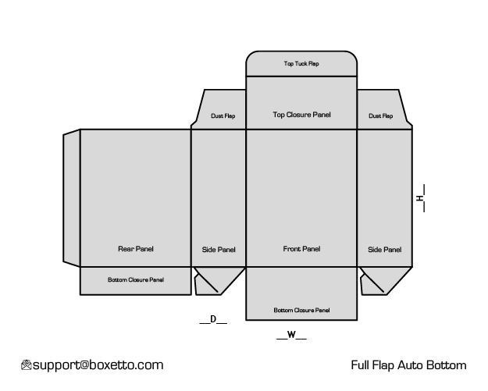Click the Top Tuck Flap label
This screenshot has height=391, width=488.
click(301, 63)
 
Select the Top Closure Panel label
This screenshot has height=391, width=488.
click(301, 115)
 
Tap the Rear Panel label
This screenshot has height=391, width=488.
click(136, 249)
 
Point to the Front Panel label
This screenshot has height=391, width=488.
click(301, 249)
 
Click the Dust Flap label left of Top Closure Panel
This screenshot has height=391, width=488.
click(223, 116)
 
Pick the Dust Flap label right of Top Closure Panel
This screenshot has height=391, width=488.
click(380, 116)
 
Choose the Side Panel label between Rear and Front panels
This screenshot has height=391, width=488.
click(219, 250)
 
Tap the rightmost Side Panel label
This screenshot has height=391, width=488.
click(385, 250)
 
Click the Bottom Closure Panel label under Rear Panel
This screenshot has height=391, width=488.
click(136, 279)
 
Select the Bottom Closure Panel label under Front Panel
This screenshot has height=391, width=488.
click(301, 310)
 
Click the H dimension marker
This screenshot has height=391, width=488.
click(421, 198)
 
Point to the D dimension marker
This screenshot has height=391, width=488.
click(213, 319)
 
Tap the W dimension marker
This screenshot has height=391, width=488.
click(291, 335)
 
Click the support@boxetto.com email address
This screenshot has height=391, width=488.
click(98, 365)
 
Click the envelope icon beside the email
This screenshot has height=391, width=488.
click(27, 365)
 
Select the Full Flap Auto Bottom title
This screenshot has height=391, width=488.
click(408, 365)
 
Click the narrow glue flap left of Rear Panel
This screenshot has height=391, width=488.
click(72, 198)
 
